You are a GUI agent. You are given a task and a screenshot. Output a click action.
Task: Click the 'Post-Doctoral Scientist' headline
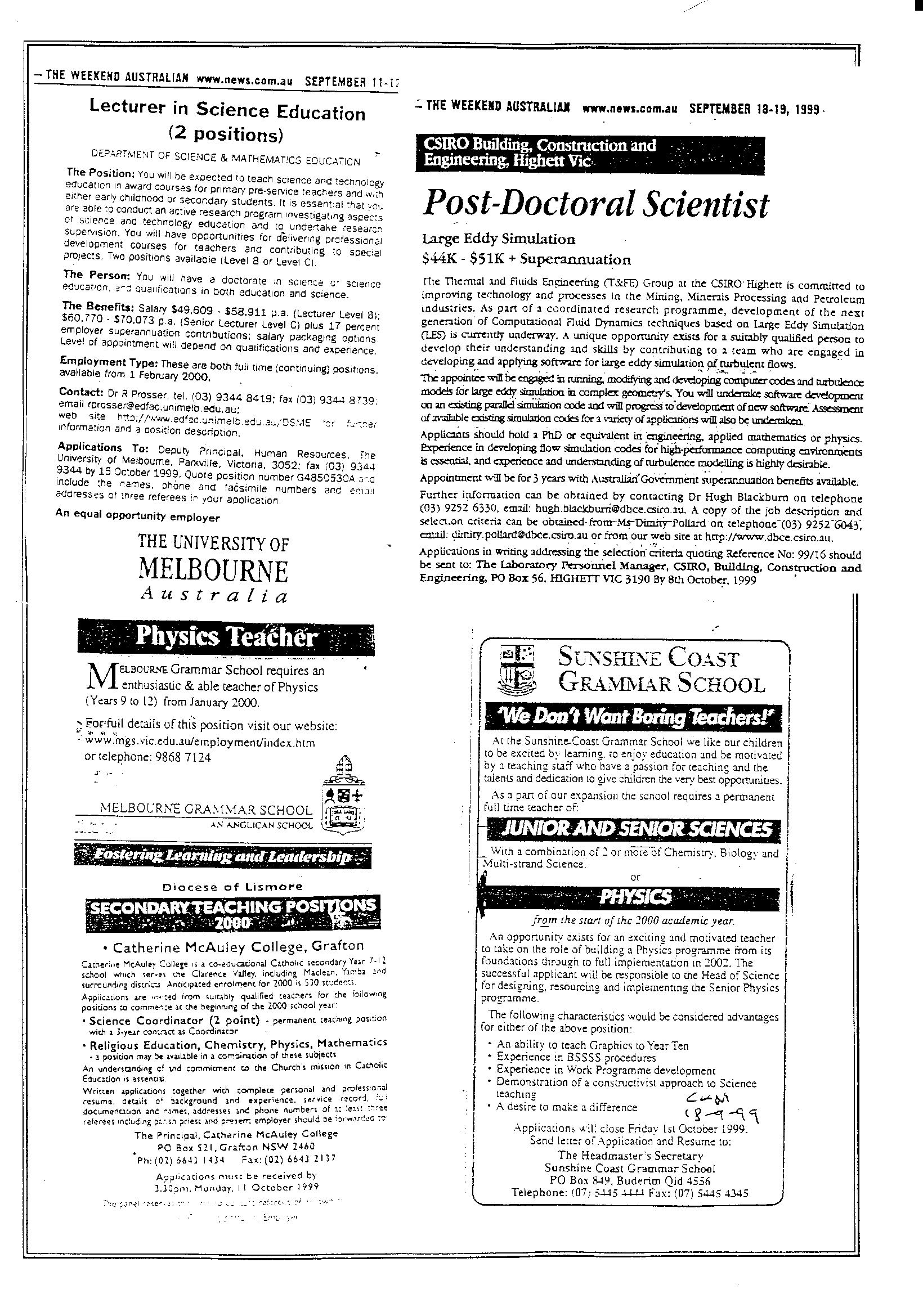[595, 205]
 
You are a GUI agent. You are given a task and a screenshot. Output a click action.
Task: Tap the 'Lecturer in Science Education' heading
[227, 110]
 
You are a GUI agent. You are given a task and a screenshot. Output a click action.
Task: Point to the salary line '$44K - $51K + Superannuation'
[526, 259]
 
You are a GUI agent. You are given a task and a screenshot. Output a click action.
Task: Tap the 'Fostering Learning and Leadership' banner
[222, 857]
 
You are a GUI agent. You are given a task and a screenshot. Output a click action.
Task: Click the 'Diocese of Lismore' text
[232, 887]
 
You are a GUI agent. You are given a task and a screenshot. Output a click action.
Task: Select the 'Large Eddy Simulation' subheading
[498, 239]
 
